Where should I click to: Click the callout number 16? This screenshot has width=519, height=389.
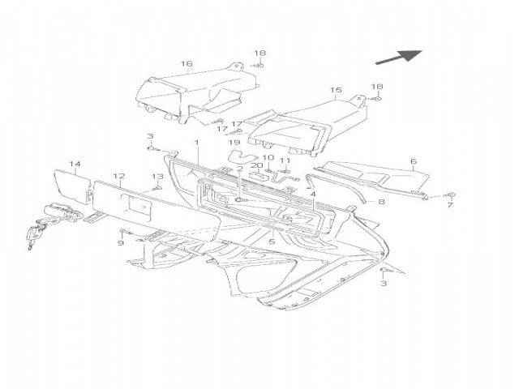coord(187,64)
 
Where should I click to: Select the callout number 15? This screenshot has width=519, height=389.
coord(336,91)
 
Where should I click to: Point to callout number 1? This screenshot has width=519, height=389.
coord(196,143)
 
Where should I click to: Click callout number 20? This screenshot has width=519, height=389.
coord(256,166)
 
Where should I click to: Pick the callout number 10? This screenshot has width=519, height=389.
coord(268,158)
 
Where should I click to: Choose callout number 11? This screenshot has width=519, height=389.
coord(285,160)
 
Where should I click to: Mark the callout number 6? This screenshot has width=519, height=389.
coord(413,161)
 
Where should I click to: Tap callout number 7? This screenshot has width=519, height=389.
coord(450,206)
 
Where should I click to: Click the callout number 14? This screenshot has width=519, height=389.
coord(75,165)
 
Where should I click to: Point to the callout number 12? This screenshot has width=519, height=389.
coord(118,176)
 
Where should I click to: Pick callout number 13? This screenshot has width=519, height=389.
coord(158,177)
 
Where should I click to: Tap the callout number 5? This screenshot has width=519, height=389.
coord(272,241)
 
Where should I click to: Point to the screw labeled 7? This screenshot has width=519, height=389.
coord(452,195)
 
